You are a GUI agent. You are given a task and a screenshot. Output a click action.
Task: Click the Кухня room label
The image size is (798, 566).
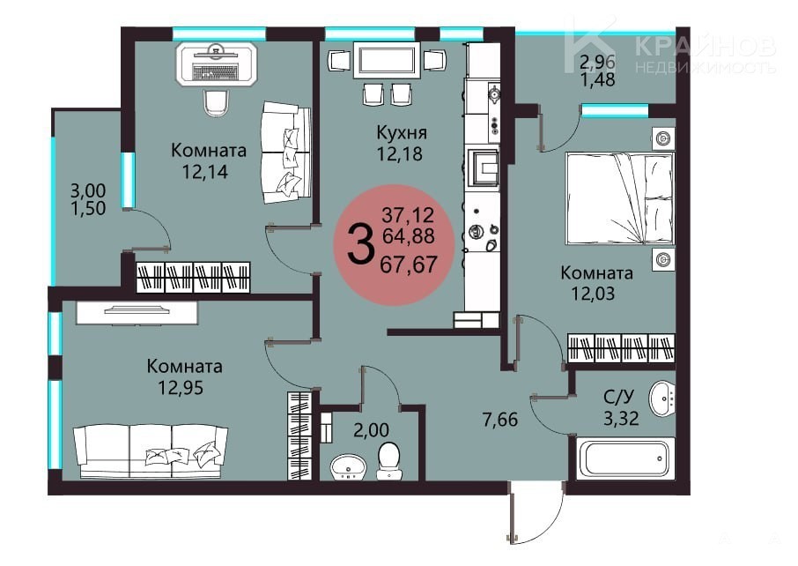point(402,133)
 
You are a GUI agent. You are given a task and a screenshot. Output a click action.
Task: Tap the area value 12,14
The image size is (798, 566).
point(205,172)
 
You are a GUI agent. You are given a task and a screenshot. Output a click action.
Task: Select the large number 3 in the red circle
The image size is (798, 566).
point(360,245)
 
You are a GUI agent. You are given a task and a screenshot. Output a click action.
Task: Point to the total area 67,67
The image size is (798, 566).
point(409,264)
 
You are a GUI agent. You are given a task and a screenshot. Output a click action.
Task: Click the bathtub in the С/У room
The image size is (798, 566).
point(625,458)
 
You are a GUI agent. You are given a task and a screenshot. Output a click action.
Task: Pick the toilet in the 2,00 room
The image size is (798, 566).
point(389,461)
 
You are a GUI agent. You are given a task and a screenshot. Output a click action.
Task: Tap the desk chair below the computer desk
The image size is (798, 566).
point(216,103)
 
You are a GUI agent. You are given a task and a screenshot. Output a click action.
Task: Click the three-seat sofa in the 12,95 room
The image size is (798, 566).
point(151,451)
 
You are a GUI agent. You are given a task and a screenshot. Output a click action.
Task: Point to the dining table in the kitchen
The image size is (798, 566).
point(387,61)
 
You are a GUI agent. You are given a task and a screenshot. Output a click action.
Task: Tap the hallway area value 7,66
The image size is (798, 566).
point(499,420)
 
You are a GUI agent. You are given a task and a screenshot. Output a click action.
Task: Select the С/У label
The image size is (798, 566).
point(619,396)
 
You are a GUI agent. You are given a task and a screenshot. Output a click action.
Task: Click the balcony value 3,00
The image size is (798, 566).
point(87,190)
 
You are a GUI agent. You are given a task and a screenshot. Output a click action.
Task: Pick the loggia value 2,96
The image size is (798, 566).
point(597,62)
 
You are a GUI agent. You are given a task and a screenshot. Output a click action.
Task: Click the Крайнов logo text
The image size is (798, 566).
point(706,47)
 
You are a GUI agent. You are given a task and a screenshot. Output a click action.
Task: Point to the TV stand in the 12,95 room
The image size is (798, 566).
point(137,312)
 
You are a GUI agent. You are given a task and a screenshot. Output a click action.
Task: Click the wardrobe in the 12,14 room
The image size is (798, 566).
point(193,277)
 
